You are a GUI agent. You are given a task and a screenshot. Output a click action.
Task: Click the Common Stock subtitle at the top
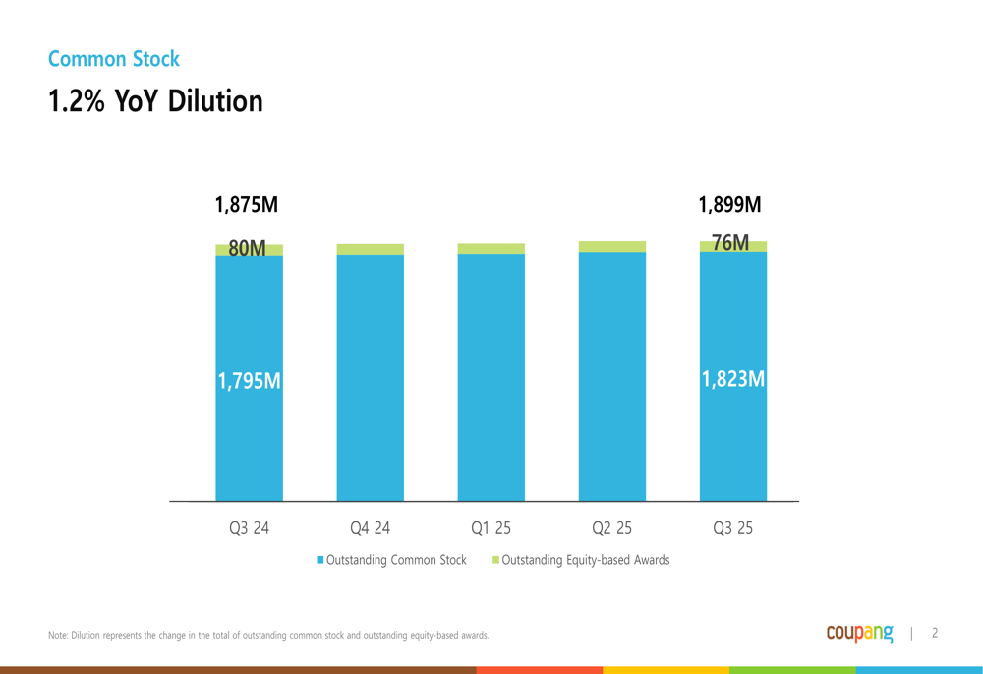[114, 59]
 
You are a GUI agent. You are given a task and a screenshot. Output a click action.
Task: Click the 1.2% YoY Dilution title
[155, 100]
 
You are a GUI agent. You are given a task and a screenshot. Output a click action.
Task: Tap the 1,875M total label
[247, 205]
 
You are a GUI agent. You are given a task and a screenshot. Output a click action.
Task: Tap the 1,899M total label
[730, 205]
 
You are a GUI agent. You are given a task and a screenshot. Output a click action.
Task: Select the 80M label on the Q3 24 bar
[248, 249]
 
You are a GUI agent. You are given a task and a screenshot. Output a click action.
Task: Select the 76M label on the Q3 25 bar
[730, 243]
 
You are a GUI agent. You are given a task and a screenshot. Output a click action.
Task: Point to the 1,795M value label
[249, 381]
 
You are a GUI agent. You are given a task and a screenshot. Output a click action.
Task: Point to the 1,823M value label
[732, 379]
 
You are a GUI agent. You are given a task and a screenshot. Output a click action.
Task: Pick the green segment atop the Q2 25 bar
[611, 247]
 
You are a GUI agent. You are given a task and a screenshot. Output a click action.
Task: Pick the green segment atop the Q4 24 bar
[370, 250]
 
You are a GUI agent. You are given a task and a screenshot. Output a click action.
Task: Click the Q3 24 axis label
[249, 528]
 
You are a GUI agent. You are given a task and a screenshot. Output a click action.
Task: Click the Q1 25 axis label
[491, 528]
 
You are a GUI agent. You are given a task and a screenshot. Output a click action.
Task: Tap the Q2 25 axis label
[611, 528]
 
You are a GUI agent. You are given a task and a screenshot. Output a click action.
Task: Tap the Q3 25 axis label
[732, 528]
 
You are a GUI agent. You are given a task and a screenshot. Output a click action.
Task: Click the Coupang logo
[859, 633]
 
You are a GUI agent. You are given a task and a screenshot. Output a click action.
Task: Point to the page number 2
[935, 634]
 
